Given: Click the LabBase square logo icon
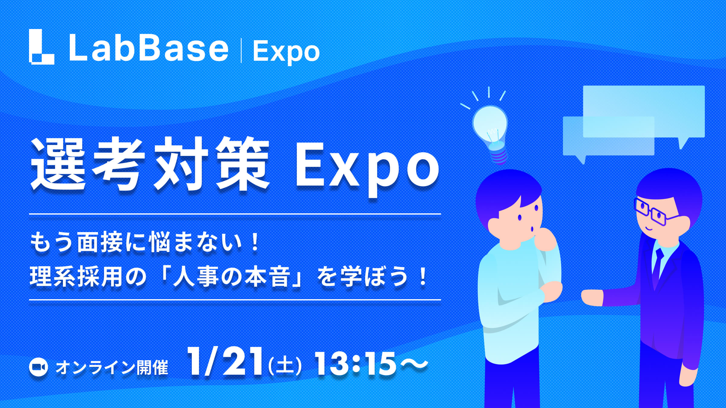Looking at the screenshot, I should coord(41,47).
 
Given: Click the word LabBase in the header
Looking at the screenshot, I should coord(149,48).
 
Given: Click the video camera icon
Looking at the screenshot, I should coord(38,367).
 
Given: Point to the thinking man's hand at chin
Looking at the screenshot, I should coord(544,239).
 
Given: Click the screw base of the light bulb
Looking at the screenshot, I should coord(499,156).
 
